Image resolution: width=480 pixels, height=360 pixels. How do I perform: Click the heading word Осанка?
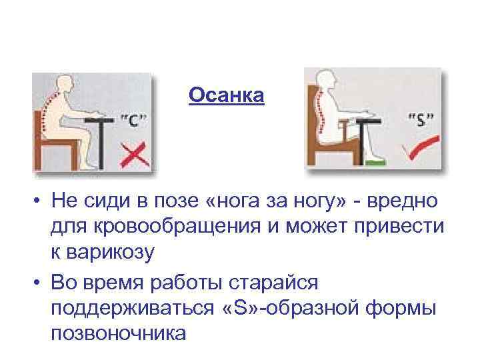click(x=226, y=96)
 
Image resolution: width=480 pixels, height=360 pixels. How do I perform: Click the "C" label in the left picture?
click(x=134, y=121)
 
